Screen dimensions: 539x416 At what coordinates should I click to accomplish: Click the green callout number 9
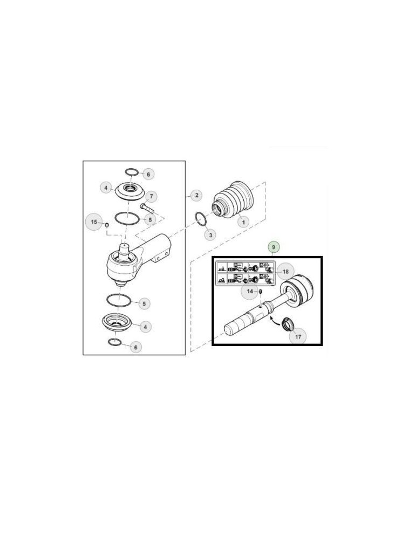pyautogui.click(x=274, y=246)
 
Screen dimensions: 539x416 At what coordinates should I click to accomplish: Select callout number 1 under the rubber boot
pyautogui.click(x=243, y=222)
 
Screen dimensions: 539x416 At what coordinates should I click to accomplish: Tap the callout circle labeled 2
pyautogui.click(x=197, y=195)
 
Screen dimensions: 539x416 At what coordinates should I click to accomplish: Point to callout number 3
pyautogui.click(x=212, y=234)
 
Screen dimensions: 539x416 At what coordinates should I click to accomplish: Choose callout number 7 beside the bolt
pyautogui.click(x=152, y=196)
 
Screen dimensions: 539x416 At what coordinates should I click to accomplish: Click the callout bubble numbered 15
pyautogui.click(x=94, y=222)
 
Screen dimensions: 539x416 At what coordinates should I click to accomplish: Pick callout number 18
pyautogui.click(x=285, y=272)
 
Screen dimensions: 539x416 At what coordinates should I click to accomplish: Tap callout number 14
pyautogui.click(x=249, y=292)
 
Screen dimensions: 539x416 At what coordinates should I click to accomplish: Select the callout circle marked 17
pyautogui.click(x=297, y=337)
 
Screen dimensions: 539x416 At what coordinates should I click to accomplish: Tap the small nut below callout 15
pyautogui.click(x=107, y=224)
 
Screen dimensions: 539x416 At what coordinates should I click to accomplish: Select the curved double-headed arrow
pyautogui.click(x=276, y=321)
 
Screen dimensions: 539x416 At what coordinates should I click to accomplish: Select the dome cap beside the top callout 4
pyautogui.click(x=129, y=191)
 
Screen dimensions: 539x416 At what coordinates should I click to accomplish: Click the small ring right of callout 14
pyautogui.click(x=260, y=293)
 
